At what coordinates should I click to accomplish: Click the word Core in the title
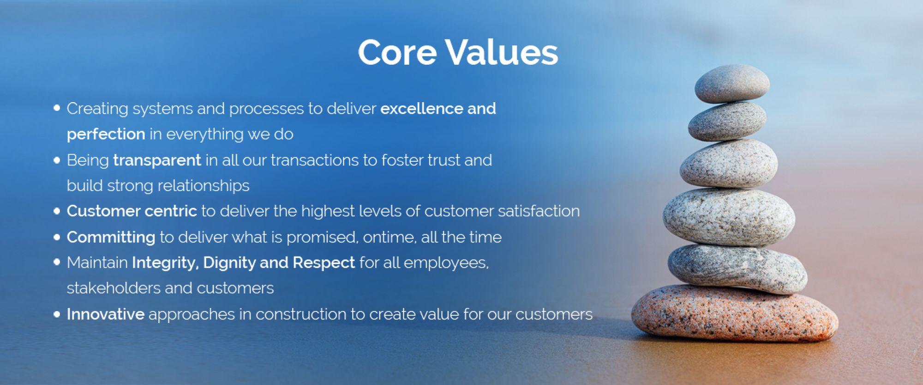click(x=397, y=52)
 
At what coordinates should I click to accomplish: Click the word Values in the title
click(x=502, y=52)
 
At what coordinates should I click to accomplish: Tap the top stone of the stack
click(x=732, y=83)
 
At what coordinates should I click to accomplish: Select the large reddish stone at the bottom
click(x=734, y=313)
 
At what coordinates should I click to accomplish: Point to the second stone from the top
click(x=727, y=121)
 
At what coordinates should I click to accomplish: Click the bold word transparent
click(x=157, y=160)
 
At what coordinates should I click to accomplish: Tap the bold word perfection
click(x=106, y=134)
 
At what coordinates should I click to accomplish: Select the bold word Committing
click(x=111, y=237)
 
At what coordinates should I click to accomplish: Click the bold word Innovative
click(x=106, y=314)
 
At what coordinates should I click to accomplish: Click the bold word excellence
click(x=421, y=109)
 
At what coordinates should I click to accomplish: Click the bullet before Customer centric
click(x=57, y=211)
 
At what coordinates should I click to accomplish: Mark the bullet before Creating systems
click(x=57, y=108)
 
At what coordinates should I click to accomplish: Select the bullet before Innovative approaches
click(x=57, y=314)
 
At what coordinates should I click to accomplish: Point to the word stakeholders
click(x=114, y=288)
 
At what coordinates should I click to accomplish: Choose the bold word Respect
click(x=324, y=263)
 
